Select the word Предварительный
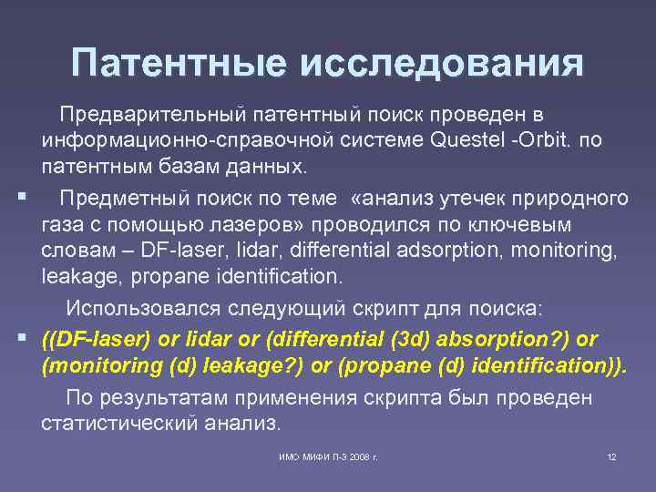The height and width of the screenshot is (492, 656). pyautogui.click(x=152, y=115)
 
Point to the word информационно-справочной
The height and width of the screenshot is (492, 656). pyautogui.click(x=169, y=141)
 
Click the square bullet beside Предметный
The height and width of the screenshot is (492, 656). pyautogui.click(x=20, y=195)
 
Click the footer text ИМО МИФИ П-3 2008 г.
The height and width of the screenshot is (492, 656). pyautogui.click(x=329, y=456)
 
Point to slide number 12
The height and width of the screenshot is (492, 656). pyautogui.click(x=611, y=456)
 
